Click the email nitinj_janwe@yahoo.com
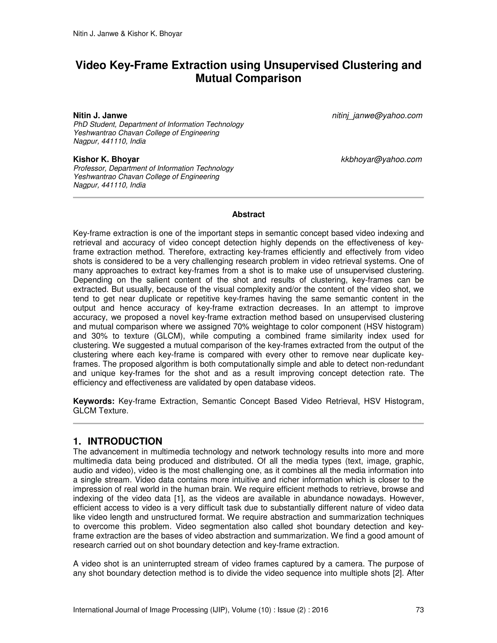tap(377, 116)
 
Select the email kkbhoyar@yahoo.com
tap(381, 160)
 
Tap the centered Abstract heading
tap(248, 214)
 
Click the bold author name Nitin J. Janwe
tap(100, 115)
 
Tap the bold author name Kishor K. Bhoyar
tap(106, 160)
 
